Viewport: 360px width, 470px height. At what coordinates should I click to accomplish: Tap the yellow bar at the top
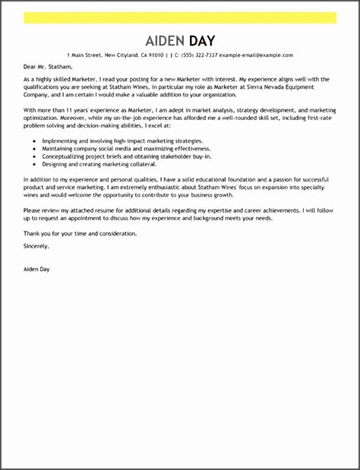pos(179,17)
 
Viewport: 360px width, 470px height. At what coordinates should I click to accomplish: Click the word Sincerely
pos(36,246)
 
